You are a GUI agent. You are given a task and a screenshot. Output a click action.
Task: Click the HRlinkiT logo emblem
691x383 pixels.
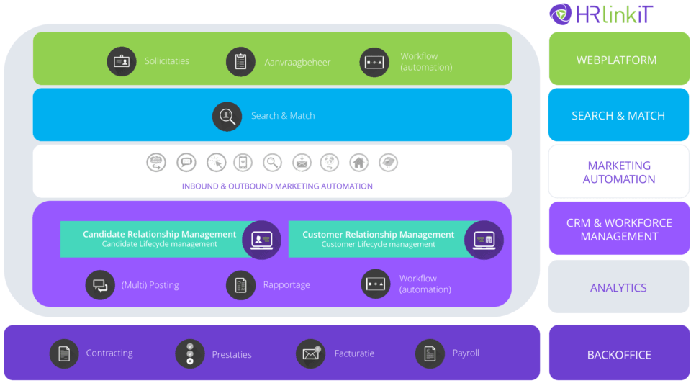click(x=561, y=14)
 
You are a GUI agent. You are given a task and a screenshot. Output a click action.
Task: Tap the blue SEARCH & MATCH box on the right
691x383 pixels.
click(x=618, y=115)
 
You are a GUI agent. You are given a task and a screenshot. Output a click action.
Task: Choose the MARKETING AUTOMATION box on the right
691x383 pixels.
click(x=618, y=172)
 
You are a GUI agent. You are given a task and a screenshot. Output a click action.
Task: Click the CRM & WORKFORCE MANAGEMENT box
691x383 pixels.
click(x=618, y=229)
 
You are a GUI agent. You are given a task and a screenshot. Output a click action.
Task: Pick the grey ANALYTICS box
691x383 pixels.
click(x=618, y=287)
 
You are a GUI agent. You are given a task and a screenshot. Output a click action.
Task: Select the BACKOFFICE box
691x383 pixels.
click(x=618, y=354)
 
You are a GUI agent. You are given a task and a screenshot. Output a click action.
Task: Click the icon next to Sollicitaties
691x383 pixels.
click(x=122, y=61)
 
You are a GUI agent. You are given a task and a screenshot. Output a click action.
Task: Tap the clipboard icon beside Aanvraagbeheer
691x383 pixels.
click(x=240, y=62)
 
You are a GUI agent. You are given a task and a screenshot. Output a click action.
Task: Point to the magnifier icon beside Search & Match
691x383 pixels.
click(x=227, y=116)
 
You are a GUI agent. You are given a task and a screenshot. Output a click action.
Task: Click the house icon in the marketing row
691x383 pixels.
click(x=358, y=163)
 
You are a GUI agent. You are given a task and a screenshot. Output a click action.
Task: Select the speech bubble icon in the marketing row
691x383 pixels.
click(x=186, y=163)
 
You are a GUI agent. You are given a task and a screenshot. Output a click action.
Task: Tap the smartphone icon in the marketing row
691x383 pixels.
click(x=243, y=163)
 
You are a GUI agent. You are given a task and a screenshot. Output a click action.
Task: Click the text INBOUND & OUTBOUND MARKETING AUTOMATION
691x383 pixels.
click(x=277, y=186)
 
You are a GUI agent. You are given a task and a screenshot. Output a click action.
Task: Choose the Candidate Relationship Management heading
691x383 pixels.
click(x=159, y=234)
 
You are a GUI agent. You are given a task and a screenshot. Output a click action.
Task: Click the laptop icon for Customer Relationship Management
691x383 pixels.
click(x=483, y=240)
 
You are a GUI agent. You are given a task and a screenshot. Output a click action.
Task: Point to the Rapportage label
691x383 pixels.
click(x=286, y=285)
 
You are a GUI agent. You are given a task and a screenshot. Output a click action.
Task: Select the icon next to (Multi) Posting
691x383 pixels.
click(x=100, y=285)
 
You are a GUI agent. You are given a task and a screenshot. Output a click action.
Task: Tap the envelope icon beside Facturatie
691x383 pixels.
click(x=310, y=353)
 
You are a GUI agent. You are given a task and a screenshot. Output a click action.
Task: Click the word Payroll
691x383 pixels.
click(x=466, y=353)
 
